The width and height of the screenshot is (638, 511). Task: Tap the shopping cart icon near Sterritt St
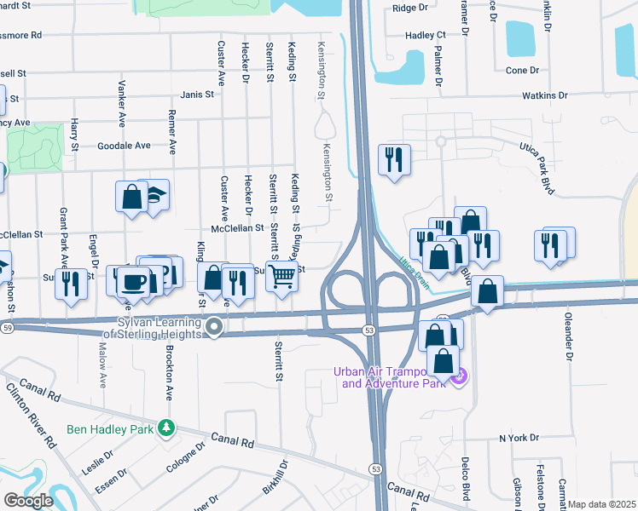281,275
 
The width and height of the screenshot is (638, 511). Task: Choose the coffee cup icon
131,282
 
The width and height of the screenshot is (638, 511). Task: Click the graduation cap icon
154,195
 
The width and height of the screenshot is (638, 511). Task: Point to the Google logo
28,501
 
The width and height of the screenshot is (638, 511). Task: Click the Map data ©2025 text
601,504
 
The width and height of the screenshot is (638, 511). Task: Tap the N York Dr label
519,438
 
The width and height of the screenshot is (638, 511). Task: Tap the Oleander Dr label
567,336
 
